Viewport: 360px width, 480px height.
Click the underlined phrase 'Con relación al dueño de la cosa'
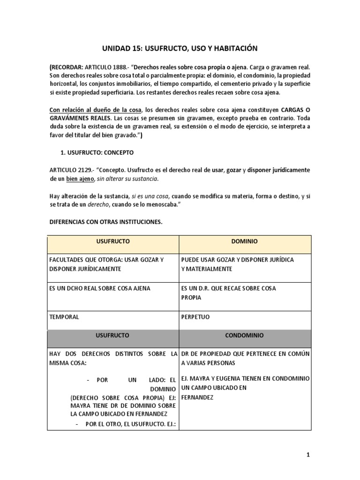point(95,110)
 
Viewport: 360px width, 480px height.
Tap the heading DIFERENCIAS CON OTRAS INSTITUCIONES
point(106,222)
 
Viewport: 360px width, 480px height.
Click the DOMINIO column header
point(244,241)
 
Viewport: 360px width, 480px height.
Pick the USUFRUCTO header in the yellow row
point(113,241)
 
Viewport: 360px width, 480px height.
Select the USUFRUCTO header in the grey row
point(113,336)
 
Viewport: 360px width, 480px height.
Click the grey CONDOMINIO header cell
point(244,336)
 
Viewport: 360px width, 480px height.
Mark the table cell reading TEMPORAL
point(64,317)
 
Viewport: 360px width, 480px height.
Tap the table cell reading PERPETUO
point(195,317)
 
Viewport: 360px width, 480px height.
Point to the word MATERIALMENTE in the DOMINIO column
point(207,269)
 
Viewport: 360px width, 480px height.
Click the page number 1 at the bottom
point(308,454)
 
